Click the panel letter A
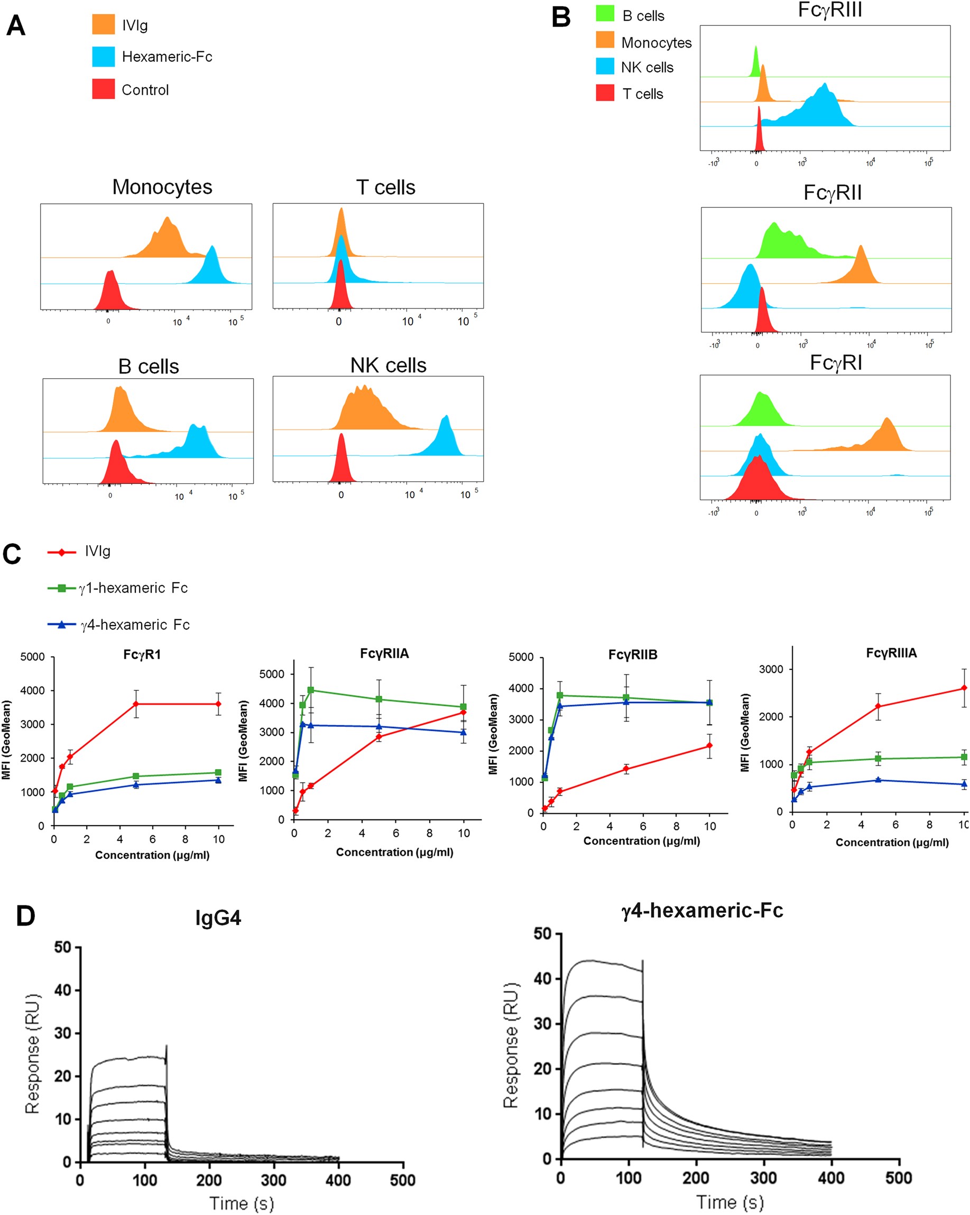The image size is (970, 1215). (16, 26)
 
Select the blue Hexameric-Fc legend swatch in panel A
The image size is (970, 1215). (103, 57)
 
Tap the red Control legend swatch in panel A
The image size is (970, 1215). (103, 89)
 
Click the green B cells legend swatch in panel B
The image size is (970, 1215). (605, 14)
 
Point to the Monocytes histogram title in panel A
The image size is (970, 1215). (162, 187)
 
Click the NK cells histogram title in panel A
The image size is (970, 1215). (388, 365)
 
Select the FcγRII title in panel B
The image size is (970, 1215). (832, 193)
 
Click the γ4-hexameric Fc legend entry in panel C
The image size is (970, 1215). (135, 624)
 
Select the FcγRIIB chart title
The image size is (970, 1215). (632, 655)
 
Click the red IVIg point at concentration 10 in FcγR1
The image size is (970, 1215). (218, 704)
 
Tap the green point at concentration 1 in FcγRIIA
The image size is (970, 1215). (311, 690)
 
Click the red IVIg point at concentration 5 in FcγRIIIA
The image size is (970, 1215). (878, 706)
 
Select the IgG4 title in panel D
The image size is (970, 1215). (218, 918)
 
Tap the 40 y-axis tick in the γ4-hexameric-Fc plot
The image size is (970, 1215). (542, 979)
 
